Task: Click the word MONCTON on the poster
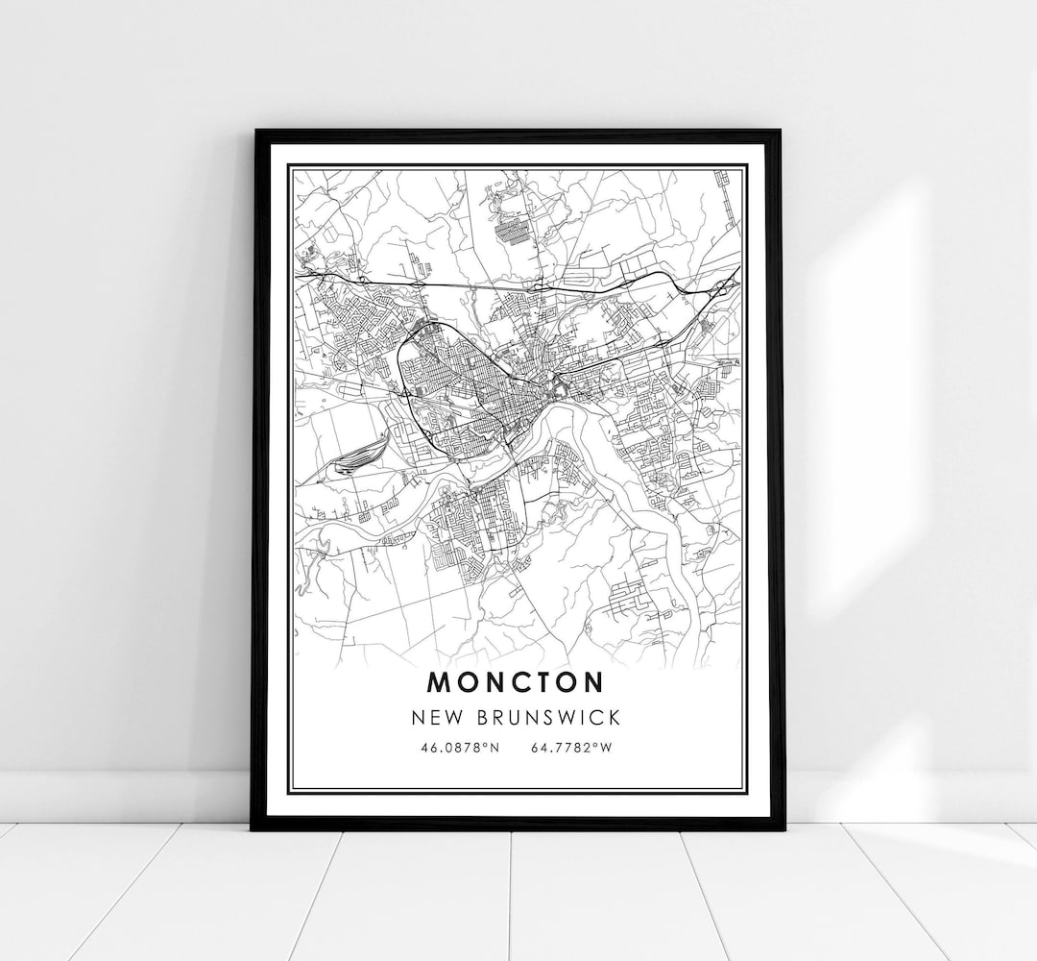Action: pos(517,681)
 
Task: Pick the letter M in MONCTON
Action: pos(437,681)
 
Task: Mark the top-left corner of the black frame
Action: pos(254,132)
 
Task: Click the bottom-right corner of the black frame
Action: pos(783,827)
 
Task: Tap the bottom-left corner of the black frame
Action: pos(253,827)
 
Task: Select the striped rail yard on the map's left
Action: pos(356,453)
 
